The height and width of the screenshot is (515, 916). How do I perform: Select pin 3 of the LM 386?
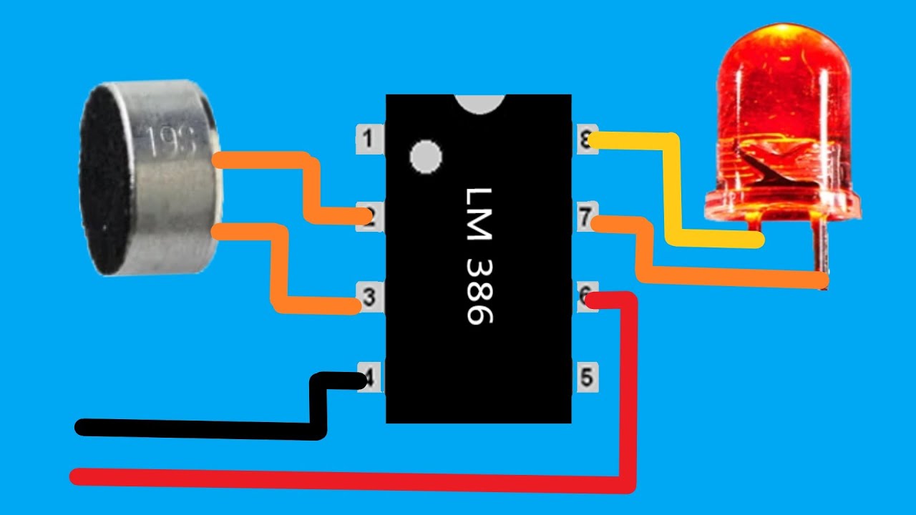point(369,297)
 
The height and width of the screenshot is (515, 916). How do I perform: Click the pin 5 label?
point(587,377)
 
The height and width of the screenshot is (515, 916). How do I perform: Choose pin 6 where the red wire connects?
point(586,295)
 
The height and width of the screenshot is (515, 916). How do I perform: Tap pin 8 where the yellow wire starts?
point(587,141)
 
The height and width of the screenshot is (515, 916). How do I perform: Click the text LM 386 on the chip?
point(478,256)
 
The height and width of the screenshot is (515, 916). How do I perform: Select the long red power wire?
point(343,481)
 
